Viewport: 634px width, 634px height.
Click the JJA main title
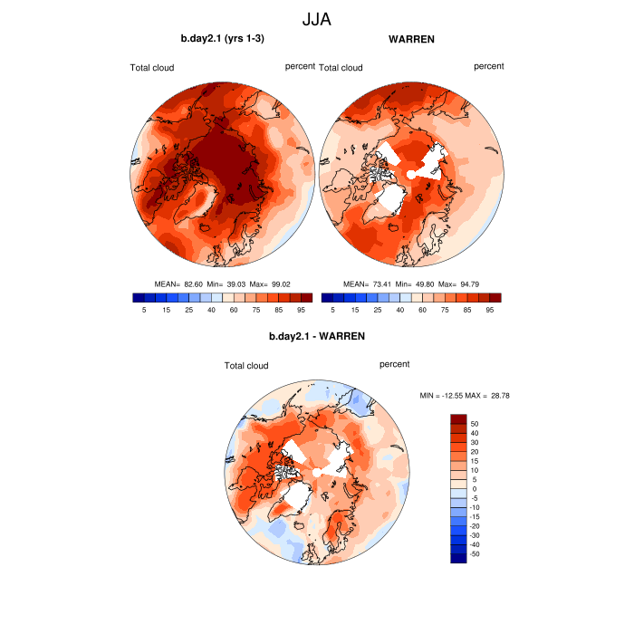tap(317, 17)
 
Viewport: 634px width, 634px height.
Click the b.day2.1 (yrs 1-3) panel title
tap(223, 38)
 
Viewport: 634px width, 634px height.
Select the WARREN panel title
tap(411, 39)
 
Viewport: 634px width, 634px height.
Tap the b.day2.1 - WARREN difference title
tap(317, 337)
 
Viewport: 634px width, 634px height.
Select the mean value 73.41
tap(381, 283)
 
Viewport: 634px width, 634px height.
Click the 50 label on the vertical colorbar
tap(474, 423)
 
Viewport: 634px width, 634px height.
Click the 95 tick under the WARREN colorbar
tap(489, 310)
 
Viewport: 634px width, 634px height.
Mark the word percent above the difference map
tap(394, 364)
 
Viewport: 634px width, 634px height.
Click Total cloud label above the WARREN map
tap(341, 68)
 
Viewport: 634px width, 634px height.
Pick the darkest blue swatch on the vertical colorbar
tap(458, 557)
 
